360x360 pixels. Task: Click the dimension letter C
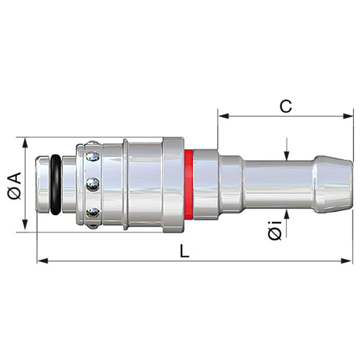(286, 106)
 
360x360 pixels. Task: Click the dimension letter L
(184, 251)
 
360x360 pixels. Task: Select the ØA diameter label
(14, 186)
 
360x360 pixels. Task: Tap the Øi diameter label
(274, 230)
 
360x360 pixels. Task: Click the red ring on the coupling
(188, 184)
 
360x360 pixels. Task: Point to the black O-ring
(56, 184)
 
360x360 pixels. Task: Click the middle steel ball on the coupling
(93, 184)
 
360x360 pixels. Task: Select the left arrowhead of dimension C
(223, 116)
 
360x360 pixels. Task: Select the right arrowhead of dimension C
(348, 116)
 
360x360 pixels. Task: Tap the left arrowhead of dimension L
(43, 261)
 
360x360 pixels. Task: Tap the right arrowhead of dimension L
(346, 261)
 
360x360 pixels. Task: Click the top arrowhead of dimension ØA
(25, 143)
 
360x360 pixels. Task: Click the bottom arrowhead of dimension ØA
(25, 225)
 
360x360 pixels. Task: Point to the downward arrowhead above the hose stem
(286, 156)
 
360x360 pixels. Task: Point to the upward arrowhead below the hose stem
(286, 215)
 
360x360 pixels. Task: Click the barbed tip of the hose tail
(333, 184)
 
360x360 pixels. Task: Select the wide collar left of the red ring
(173, 184)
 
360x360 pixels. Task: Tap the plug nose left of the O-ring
(43, 184)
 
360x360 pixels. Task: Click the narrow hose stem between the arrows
(279, 184)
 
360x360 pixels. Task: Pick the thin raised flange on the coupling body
(125, 184)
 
